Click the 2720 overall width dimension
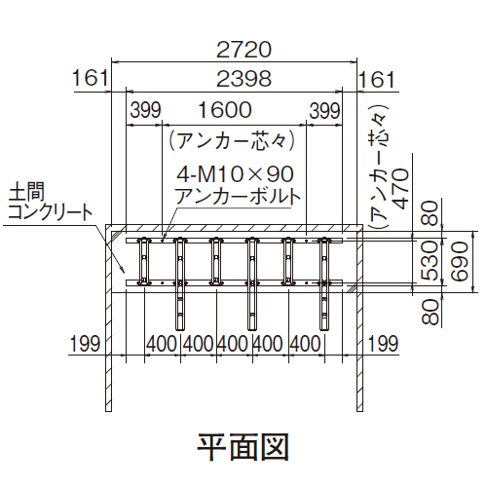pos(243,50)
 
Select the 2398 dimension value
pos(243,79)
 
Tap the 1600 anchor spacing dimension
pos(225,110)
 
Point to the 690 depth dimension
pos(460,262)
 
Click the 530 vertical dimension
pos(430,261)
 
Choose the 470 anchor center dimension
pos(400,189)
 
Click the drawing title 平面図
pos(243,447)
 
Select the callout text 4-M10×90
pos(236,174)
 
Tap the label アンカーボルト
pos(238,196)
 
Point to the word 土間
pos(26,192)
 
